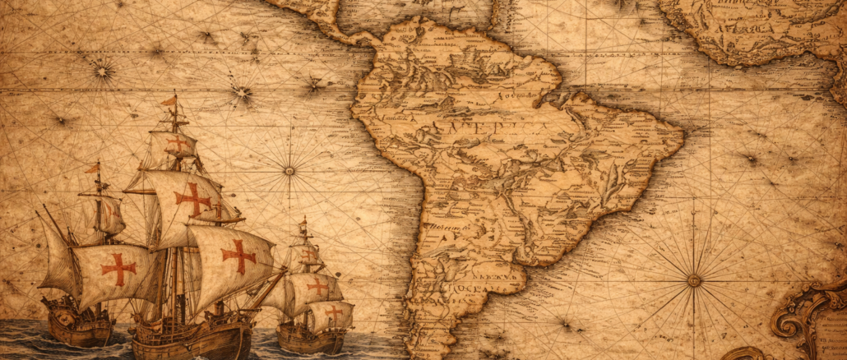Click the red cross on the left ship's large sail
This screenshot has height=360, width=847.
coord(118,268)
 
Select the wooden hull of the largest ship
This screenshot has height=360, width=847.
coord(193,337)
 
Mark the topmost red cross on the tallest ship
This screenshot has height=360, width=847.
coord(178,143)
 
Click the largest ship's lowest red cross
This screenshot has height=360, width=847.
coord(238,256)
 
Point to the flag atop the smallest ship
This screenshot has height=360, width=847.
coord(303,222)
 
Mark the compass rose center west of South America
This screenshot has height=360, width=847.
coord(289,171)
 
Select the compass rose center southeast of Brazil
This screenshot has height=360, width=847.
coord(694,280)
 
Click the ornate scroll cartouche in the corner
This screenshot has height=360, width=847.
coord(810,321)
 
